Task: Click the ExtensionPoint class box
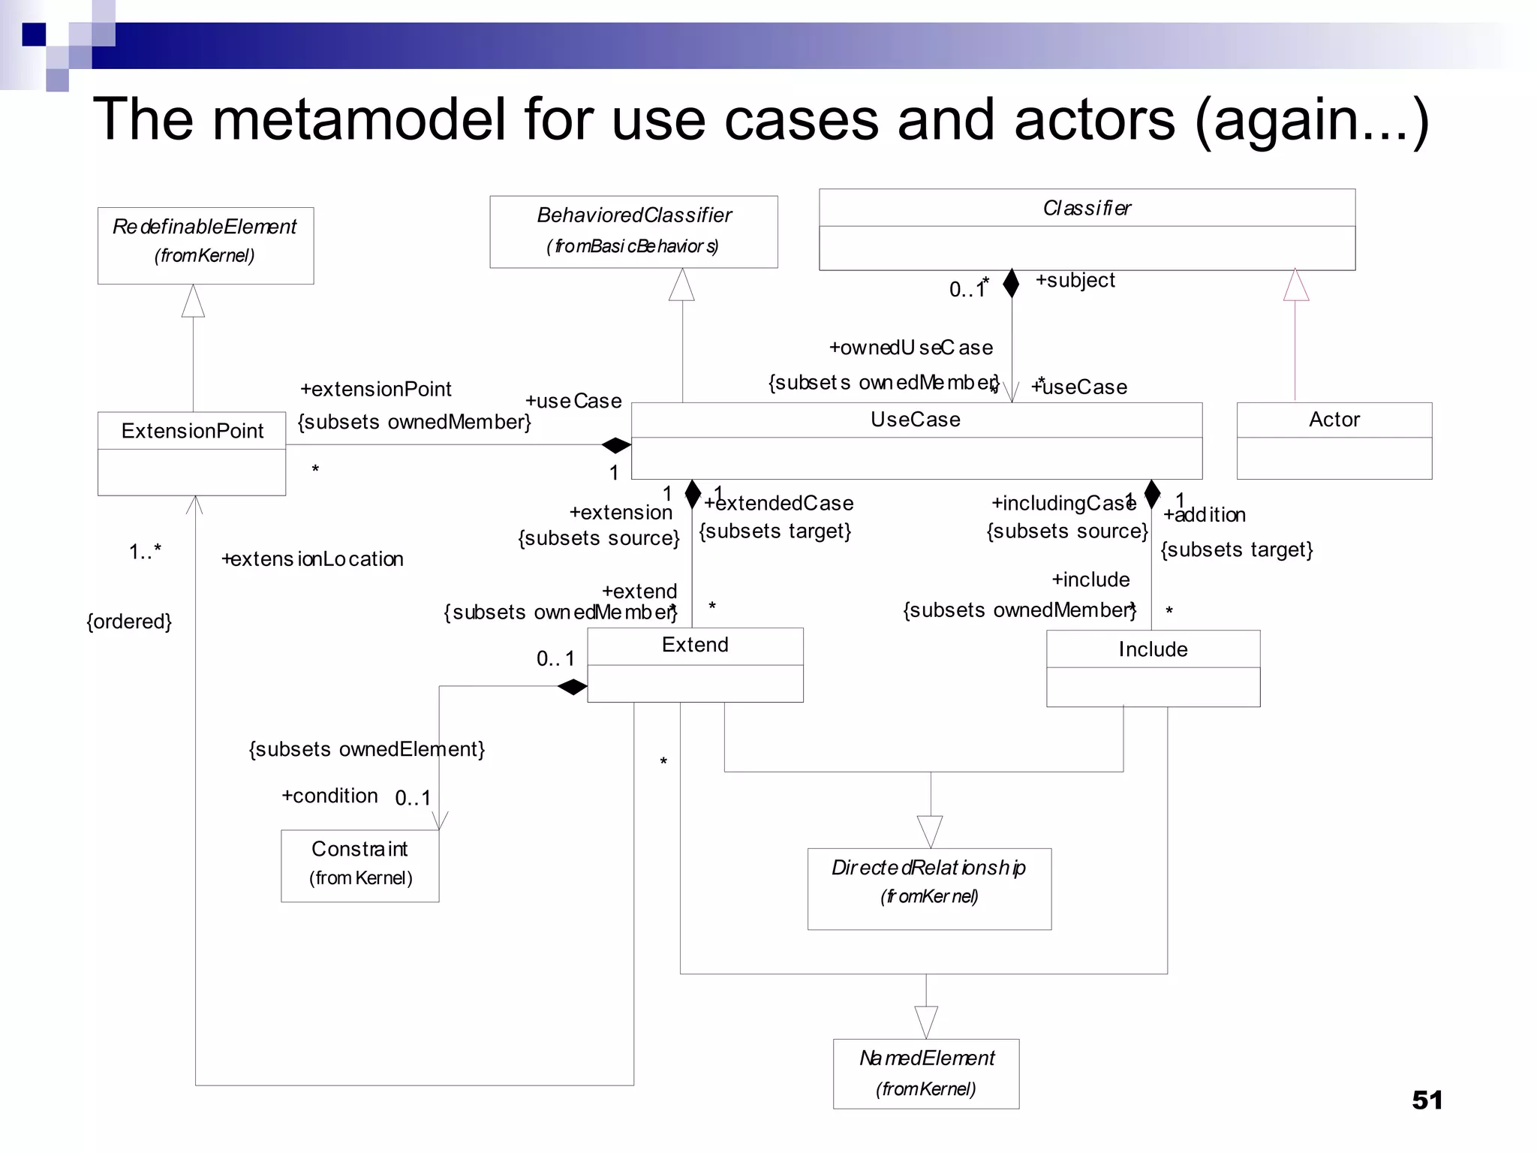point(192,453)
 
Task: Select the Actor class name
point(1334,420)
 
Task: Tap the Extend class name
point(695,645)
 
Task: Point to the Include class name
point(1153,649)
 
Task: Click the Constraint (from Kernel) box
point(360,865)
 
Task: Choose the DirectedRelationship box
point(929,888)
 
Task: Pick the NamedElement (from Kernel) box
point(926,1073)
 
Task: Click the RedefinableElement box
point(206,245)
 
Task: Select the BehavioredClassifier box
point(633,231)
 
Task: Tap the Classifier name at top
point(1087,208)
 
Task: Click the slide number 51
point(1427,1100)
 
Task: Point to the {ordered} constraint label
point(129,622)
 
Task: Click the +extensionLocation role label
point(312,559)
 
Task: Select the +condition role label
point(329,796)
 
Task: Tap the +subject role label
point(1075,280)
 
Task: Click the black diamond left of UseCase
point(616,445)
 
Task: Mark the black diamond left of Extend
point(572,687)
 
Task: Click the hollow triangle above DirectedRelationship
point(930,831)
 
